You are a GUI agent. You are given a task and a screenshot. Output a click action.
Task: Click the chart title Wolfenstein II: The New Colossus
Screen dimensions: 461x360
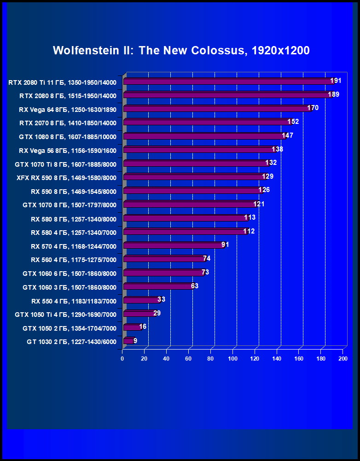tap(181, 50)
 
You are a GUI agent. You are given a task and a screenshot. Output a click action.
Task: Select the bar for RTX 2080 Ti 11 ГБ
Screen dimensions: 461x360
tap(228, 82)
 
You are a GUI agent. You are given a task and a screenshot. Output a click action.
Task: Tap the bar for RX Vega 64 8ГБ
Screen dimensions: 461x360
tap(216, 109)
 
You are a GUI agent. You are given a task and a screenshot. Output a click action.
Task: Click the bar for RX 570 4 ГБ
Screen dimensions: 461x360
tap(174, 245)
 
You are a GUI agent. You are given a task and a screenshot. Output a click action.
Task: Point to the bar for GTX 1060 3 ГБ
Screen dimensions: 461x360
tap(158, 286)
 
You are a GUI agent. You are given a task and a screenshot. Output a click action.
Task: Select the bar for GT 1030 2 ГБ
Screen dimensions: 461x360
tap(128, 341)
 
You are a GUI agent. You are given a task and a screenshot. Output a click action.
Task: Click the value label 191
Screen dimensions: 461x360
tap(335, 81)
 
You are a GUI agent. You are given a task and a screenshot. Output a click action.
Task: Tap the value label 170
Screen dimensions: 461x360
tap(313, 108)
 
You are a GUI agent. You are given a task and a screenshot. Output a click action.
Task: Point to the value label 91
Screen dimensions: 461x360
tap(225, 245)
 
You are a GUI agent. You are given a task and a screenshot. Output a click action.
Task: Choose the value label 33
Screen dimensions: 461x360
tap(161, 299)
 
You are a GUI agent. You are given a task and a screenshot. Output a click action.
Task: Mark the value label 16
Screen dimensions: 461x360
tap(143, 327)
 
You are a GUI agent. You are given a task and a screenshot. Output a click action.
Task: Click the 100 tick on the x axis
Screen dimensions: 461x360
tap(232, 359)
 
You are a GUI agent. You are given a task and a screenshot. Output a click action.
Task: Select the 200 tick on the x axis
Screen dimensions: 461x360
tap(343, 359)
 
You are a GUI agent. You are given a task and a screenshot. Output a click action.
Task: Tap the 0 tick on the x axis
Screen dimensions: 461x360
tap(122, 359)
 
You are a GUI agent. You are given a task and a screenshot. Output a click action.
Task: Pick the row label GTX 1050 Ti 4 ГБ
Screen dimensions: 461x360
tap(65, 315)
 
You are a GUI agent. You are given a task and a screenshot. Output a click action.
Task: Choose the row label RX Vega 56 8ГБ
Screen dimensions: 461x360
tap(68, 150)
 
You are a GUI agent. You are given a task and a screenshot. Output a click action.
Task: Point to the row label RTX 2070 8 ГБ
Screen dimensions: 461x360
tap(68, 123)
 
